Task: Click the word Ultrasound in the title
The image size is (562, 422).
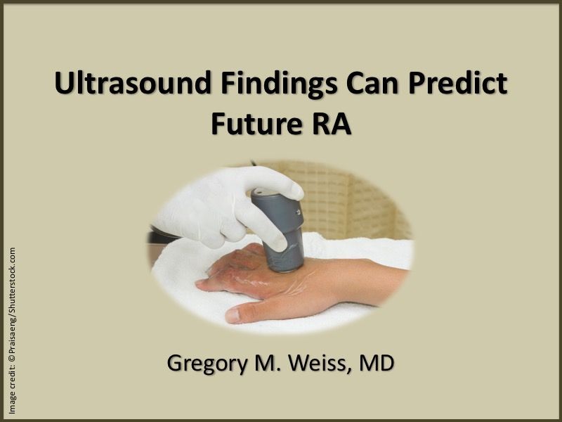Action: (x=133, y=83)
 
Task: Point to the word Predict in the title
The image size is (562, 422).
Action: (x=458, y=83)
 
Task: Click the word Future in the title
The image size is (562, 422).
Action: (x=256, y=124)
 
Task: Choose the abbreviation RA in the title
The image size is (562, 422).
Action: (x=331, y=124)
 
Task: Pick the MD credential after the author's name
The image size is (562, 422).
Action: (x=377, y=363)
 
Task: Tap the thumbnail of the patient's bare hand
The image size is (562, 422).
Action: (x=233, y=315)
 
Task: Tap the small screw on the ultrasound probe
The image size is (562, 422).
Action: (x=298, y=212)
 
